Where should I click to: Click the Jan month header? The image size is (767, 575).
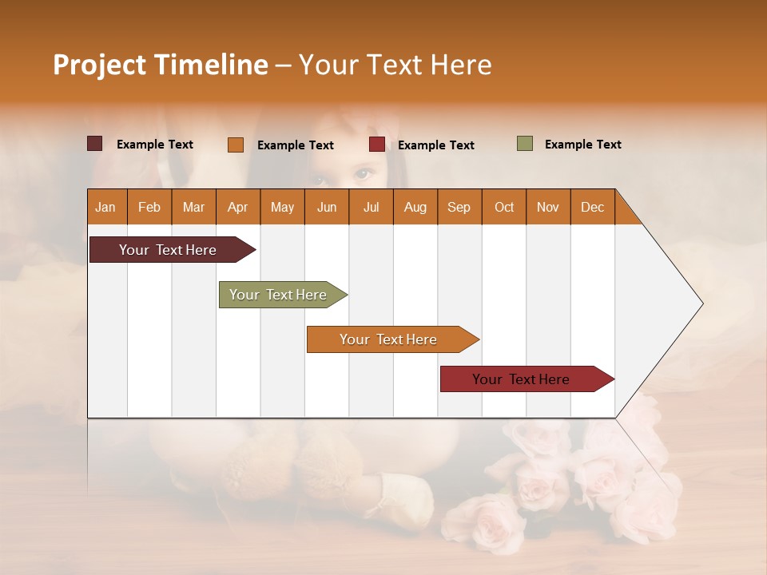106,207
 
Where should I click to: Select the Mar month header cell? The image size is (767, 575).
193,207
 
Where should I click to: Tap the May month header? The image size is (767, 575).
282,207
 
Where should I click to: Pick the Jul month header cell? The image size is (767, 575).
371,207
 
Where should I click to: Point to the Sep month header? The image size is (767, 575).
459,207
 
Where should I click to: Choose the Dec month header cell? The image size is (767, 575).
592,207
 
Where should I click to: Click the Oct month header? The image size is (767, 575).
503,207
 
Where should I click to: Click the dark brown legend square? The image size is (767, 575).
95,144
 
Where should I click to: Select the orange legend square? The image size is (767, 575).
236,145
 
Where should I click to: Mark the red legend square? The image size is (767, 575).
377,145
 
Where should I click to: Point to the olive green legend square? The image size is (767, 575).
525,144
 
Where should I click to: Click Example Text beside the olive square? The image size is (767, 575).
582,145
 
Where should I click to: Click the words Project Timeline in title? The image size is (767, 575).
161,65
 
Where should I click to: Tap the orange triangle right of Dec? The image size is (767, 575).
626,213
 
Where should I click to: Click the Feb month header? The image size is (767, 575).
149,207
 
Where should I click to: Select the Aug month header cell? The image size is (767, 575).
415,207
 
